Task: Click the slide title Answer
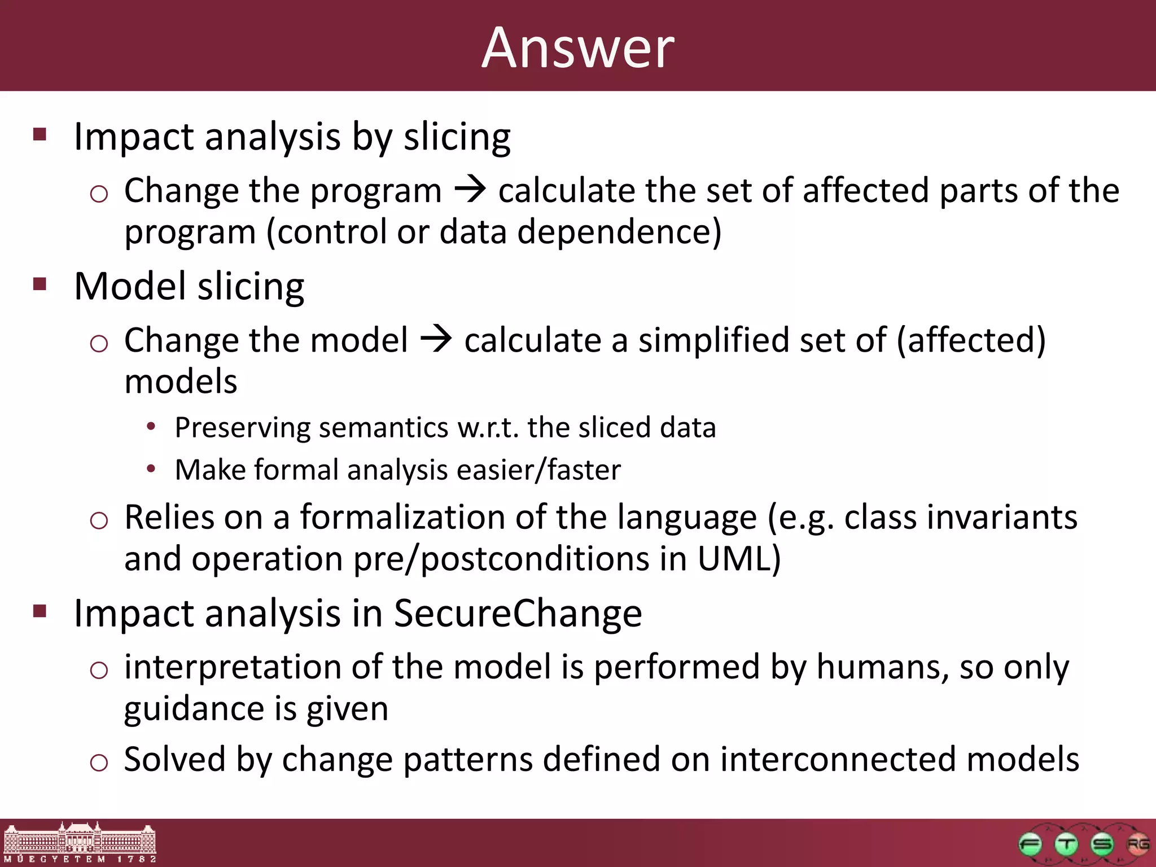pyautogui.click(x=577, y=49)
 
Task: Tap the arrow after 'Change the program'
pyautogui.click(x=470, y=190)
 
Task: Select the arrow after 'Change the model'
pyautogui.click(x=436, y=340)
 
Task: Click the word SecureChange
pyautogui.click(x=518, y=614)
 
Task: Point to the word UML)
pyautogui.click(x=739, y=559)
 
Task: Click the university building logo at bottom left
pyautogui.click(x=79, y=843)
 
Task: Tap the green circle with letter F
pyautogui.click(x=1030, y=845)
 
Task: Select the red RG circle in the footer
pyautogui.click(x=1137, y=844)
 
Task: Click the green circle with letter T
pyautogui.click(x=1066, y=845)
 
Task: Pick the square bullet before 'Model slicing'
pyautogui.click(x=40, y=283)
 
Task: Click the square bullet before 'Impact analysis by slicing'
pyautogui.click(x=40, y=134)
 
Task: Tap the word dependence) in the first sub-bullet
pyautogui.click(x=619, y=232)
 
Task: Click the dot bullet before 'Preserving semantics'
pyautogui.click(x=150, y=427)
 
